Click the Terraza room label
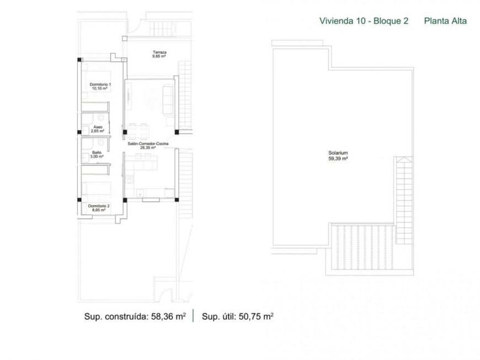tap(159, 52)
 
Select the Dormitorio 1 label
tap(100, 84)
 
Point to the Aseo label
tap(98, 127)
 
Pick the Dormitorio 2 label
tap(99, 206)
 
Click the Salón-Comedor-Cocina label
tap(147, 144)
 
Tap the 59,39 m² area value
tap(337, 158)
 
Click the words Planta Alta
tap(445, 21)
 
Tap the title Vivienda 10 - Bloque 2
tap(364, 21)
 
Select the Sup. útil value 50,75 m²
tap(256, 316)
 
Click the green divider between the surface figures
tap(193, 316)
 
